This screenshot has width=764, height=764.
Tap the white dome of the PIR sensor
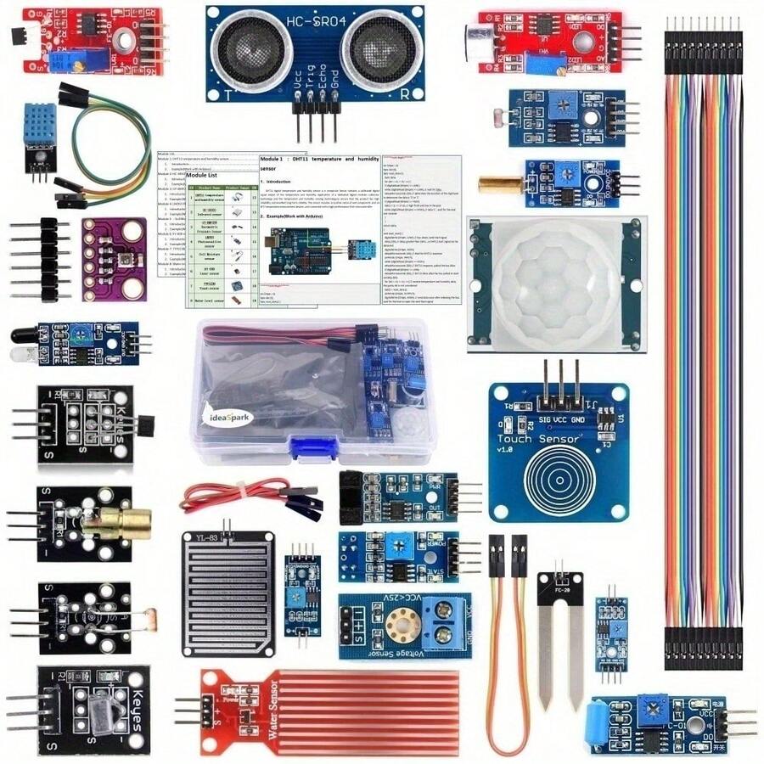pyautogui.click(x=545, y=284)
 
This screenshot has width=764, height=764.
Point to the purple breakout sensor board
pyautogui.click(x=114, y=259)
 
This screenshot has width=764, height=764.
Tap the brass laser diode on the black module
pyautogui.click(x=130, y=519)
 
